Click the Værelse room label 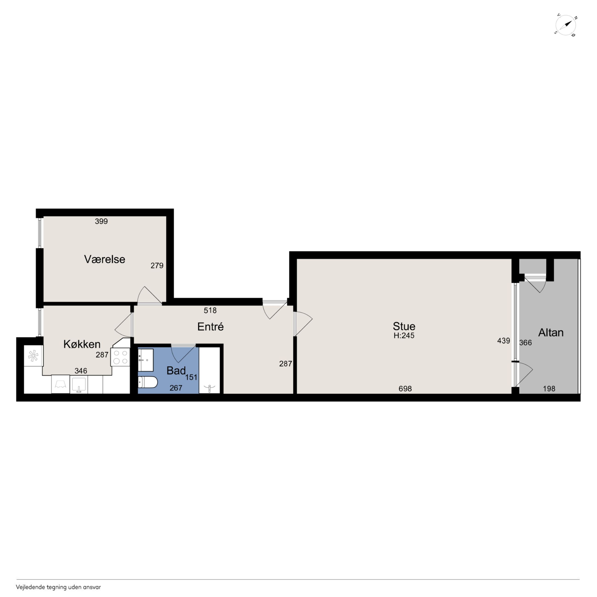click(x=104, y=259)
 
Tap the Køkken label click(x=82, y=344)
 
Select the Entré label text click(x=210, y=327)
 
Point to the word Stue click(x=404, y=326)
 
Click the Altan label click(x=551, y=332)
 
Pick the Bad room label click(x=176, y=371)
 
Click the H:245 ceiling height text click(x=404, y=335)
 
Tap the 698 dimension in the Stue click(x=405, y=389)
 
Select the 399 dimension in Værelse click(x=101, y=221)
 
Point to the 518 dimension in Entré click(x=210, y=310)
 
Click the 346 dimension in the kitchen click(x=81, y=371)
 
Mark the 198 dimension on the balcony click(x=549, y=389)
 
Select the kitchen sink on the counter click(x=79, y=385)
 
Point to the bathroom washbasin click(x=146, y=360)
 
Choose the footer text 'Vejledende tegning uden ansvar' click(x=58, y=587)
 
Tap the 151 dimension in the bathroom click(x=191, y=377)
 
